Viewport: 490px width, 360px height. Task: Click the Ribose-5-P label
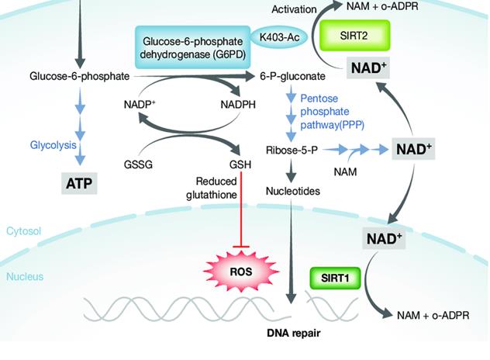pyautogui.click(x=289, y=148)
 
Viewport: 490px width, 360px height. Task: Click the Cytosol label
pyautogui.click(x=24, y=231)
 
